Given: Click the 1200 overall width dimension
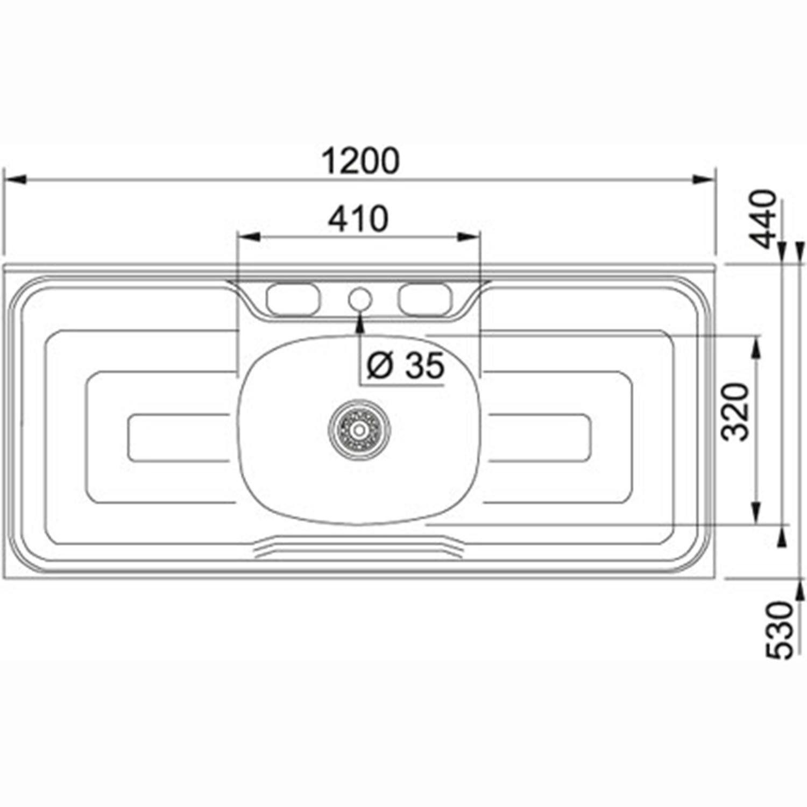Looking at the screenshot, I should [x=360, y=160].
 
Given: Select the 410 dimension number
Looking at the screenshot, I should [x=358, y=219].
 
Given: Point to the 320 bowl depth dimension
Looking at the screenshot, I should [x=735, y=412].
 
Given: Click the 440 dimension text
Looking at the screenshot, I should [x=764, y=218].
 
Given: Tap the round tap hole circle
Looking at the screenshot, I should [x=360, y=298].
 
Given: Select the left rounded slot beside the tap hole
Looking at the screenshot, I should [x=294, y=299].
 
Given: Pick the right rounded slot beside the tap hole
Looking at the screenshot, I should [x=425, y=299].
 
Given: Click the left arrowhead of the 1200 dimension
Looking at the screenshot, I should [x=13, y=179].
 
